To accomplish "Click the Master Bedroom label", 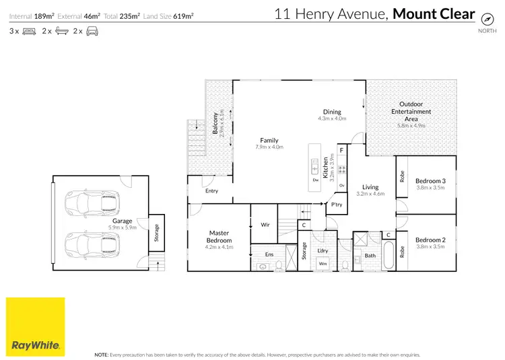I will pos(220,237).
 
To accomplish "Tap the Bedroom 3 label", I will pos(431,181).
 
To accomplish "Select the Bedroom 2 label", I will pos(431,240).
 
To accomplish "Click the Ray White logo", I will pos(36,326).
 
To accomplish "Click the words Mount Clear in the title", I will pos(434,14).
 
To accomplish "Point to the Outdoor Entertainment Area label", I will pos(411,112).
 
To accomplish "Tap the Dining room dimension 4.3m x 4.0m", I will pos(332,118).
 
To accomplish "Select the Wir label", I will pos(265,225).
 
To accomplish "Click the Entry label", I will pos(212,191).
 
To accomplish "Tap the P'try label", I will pos(336,205).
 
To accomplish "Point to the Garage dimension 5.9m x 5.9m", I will pos(123,227).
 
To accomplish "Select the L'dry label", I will pos(323,251).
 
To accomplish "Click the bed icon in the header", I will pos(28,31).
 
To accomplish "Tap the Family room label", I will pos(269,140).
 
